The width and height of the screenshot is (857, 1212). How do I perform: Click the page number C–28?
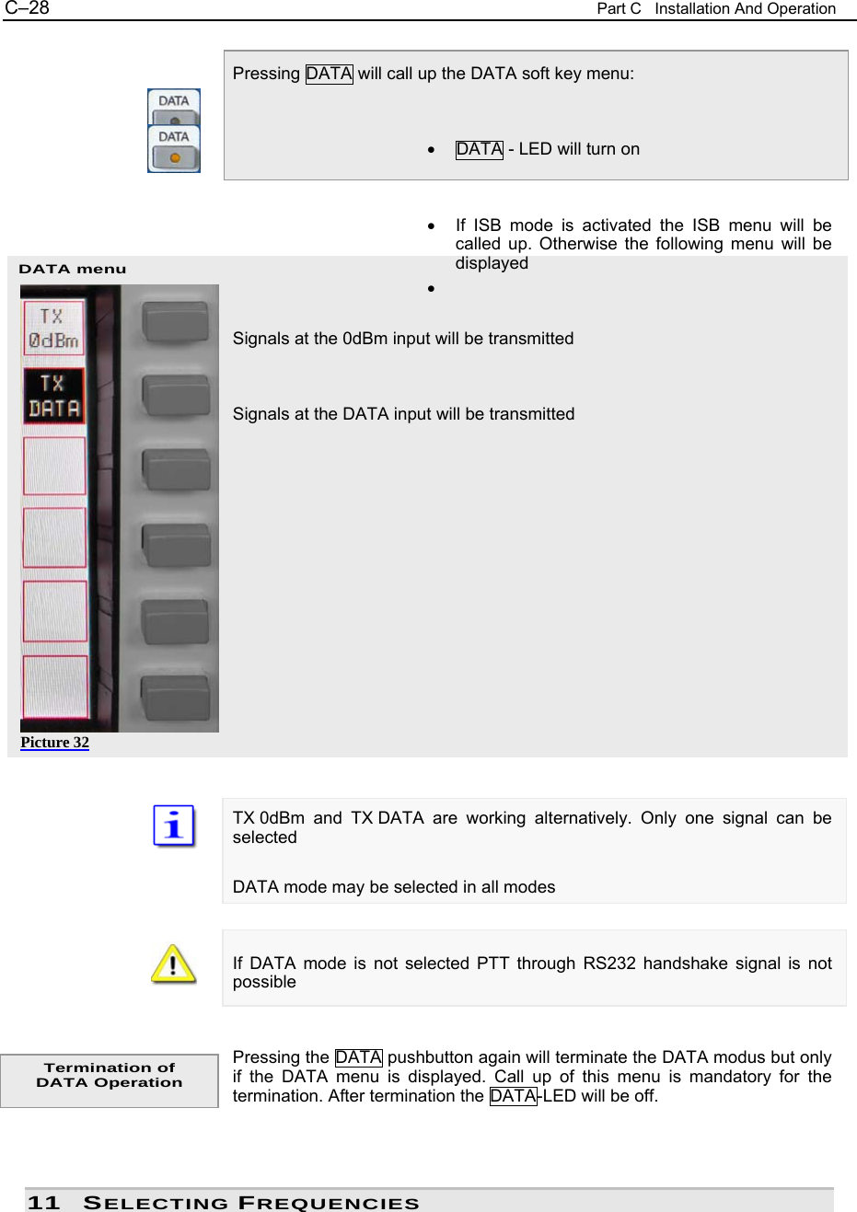point(27,8)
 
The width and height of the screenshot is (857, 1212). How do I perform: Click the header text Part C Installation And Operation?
point(715,9)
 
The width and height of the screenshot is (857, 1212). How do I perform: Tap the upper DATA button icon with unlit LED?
point(174,108)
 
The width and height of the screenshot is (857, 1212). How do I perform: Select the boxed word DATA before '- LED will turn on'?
point(479,149)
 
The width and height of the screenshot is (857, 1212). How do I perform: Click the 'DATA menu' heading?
point(73,269)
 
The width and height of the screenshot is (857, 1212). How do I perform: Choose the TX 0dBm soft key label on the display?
point(53,329)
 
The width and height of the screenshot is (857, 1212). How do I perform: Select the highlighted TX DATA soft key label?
point(53,396)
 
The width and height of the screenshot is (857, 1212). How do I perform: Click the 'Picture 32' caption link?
point(55,743)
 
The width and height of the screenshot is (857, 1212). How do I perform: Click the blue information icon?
point(174,825)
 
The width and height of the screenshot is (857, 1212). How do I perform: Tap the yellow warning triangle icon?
point(173,964)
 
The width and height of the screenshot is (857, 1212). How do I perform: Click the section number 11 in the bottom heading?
point(43,1203)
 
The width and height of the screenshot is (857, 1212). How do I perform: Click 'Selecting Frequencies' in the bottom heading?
point(251,1203)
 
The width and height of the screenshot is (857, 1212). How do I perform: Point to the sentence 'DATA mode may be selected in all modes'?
point(394,887)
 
